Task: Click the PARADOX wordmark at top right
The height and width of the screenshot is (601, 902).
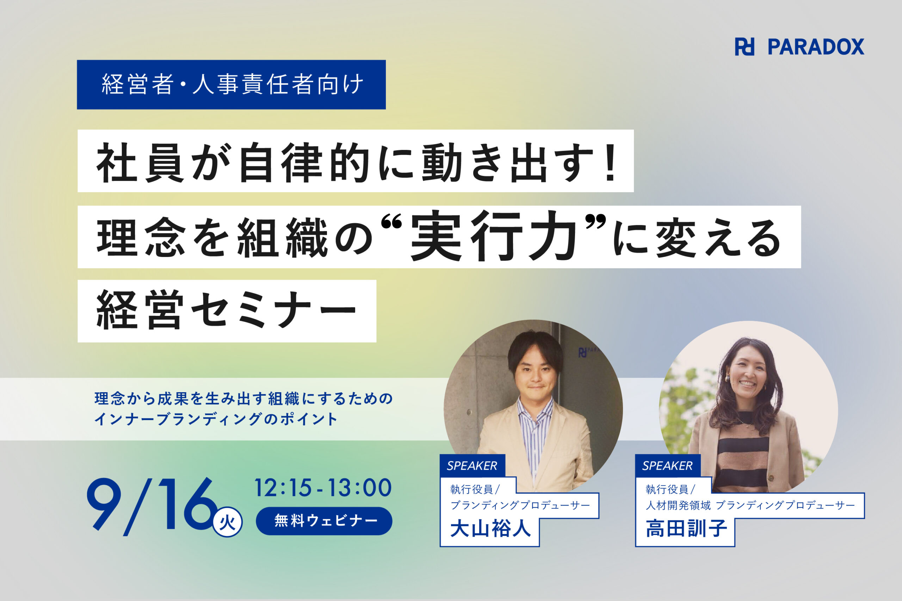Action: click(816, 47)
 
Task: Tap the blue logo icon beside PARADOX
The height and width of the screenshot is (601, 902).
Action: click(745, 47)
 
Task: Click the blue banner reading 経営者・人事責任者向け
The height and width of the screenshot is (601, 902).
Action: click(231, 85)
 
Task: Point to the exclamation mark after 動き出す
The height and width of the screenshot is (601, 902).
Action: click(609, 162)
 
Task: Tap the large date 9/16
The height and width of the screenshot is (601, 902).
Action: click(152, 506)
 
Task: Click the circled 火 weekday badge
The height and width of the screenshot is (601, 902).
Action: click(227, 522)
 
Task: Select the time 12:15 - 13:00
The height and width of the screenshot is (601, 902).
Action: click(323, 488)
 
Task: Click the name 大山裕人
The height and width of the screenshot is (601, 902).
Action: click(490, 529)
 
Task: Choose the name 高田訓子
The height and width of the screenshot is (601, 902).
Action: click(686, 529)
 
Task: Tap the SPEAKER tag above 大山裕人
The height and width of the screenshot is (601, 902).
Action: click(472, 466)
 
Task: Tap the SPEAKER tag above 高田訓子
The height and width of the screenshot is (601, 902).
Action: click(668, 466)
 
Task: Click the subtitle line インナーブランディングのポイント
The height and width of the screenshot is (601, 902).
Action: click(216, 419)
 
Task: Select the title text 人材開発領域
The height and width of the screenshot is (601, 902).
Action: click(678, 506)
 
